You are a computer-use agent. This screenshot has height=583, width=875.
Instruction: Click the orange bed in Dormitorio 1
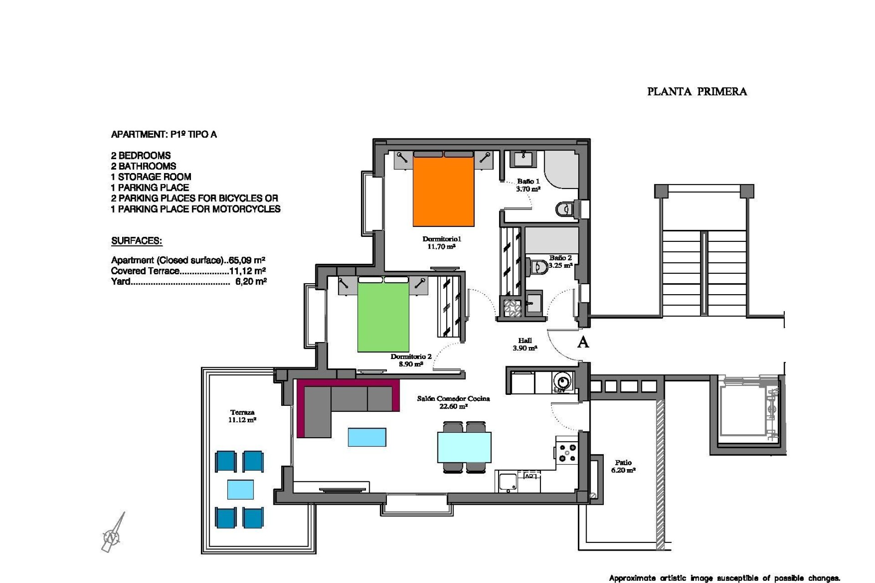click(443, 191)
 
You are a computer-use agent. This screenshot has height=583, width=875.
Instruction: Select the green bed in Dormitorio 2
click(383, 317)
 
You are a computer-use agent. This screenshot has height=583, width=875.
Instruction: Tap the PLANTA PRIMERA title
click(697, 92)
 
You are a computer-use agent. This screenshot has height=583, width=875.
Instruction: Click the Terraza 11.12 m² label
click(242, 416)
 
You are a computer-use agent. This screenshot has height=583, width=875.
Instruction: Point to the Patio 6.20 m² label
click(623, 466)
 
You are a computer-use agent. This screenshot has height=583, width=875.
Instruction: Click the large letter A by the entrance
click(583, 343)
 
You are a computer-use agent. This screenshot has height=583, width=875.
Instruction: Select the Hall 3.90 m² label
click(525, 344)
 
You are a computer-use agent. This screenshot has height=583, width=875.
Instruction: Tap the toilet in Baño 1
click(564, 209)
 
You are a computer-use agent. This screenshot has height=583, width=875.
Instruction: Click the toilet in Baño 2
click(539, 266)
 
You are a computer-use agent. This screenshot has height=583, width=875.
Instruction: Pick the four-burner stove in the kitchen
click(566, 453)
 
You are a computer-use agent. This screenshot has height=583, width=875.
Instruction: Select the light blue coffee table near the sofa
click(367, 437)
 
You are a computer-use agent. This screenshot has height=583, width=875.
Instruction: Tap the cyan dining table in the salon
click(464, 447)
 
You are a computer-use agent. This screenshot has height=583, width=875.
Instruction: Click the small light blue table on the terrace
click(240, 490)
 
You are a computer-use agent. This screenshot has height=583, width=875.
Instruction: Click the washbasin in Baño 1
click(522, 159)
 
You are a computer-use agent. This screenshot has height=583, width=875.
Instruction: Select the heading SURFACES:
click(137, 241)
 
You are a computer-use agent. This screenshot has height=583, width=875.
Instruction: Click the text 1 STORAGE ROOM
click(151, 177)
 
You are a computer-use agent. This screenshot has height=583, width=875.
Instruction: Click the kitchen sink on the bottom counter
click(507, 482)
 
